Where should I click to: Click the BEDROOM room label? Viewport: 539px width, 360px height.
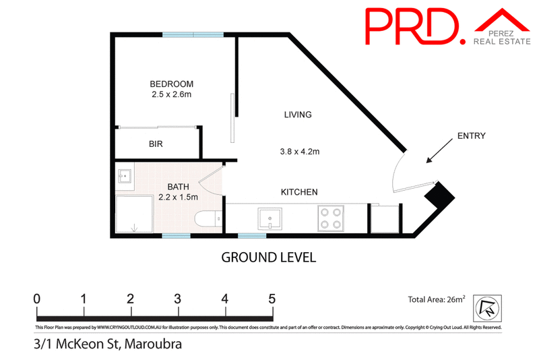pyautogui.click(x=171, y=84)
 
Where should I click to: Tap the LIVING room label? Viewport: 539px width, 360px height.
pyautogui.click(x=298, y=115)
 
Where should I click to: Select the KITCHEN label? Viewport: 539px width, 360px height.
pyautogui.click(x=298, y=192)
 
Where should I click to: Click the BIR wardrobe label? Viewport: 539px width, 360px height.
pyautogui.click(x=156, y=144)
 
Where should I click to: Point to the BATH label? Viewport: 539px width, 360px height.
pyautogui.click(x=178, y=187)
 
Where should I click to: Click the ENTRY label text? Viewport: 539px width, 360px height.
pyautogui.click(x=471, y=136)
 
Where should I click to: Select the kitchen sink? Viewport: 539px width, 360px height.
pyautogui.click(x=272, y=218)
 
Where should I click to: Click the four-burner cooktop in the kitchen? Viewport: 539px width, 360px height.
pyautogui.click(x=331, y=218)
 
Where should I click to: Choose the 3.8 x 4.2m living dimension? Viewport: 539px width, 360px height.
pyautogui.click(x=298, y=152)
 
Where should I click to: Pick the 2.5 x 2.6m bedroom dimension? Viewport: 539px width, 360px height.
pyautogui.click(x=171, y=94)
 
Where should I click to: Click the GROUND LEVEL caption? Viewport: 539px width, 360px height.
pyautogui.click(x=269, y=257)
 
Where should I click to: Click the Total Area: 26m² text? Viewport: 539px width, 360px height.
pyautogui.click(x=436, y=301)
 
